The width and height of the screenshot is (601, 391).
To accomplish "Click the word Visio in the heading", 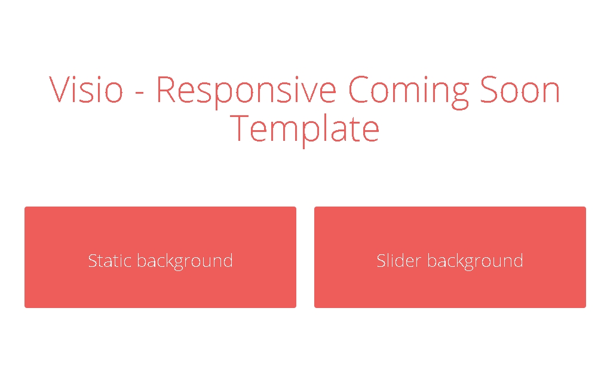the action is coord(86,89).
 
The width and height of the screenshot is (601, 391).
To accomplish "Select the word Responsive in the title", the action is coord(247,92).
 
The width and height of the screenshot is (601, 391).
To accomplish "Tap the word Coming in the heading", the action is coord(409,92).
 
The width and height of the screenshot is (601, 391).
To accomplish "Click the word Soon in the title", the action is coord(520,89).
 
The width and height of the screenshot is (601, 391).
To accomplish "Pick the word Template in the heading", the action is coord(305,130).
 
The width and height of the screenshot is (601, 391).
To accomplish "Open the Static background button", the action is coord(160,257).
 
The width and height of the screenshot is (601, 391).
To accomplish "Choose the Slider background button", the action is coord(450,257).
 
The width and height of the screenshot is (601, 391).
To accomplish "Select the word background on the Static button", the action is coord(185,261).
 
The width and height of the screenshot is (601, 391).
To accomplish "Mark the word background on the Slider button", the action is coord(476,261).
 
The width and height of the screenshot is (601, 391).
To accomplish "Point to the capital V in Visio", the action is coord(61,89).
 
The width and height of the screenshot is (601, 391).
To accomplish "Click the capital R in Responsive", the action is coord(166,89).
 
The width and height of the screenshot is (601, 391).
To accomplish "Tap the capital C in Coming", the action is coord(359,89).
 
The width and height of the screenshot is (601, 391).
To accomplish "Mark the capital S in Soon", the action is coord(489,89).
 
